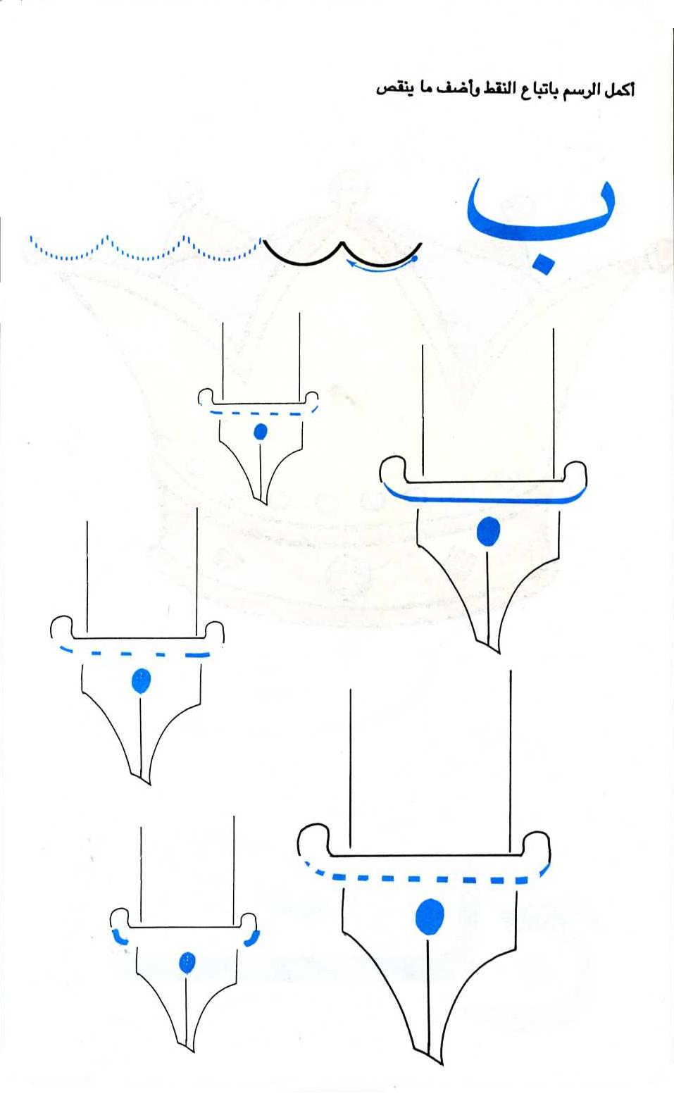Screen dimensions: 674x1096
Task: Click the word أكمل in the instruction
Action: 619,89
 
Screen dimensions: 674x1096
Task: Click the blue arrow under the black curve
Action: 382,267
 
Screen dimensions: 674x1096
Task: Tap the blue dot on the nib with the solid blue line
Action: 487,531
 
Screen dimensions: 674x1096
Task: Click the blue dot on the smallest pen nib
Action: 260,432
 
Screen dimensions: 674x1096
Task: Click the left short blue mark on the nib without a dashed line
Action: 119,937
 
